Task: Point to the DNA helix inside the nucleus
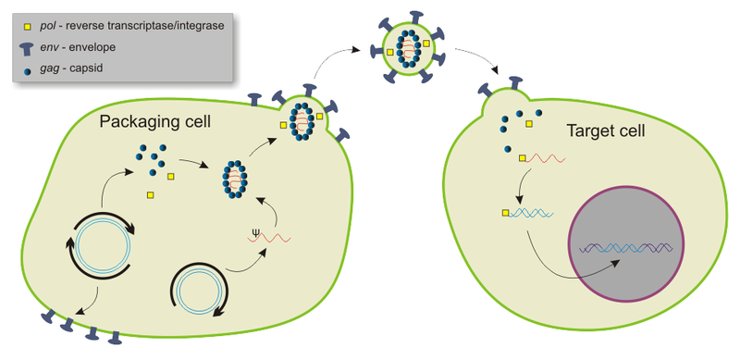click(x=625, y=248)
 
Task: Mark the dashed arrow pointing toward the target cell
click(x=480, y=63)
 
